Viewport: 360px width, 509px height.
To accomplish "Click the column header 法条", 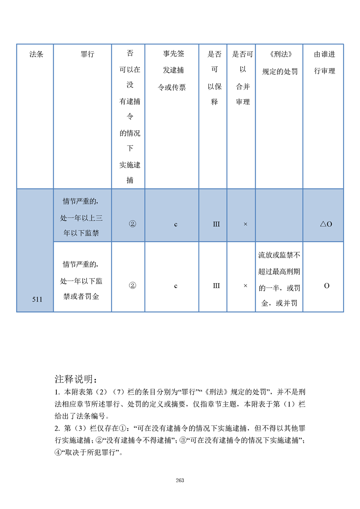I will [x=36, y=54].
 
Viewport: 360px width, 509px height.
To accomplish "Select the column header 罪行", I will [x=87, y=54].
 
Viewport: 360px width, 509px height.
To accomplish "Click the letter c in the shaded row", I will [x=176, y=224].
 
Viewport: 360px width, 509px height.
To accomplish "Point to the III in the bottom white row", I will [x=216, y=286].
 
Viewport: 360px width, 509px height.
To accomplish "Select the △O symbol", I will [x=325, y=224].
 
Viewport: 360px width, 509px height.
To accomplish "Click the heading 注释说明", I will [x=75, y=379].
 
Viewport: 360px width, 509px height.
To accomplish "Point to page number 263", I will [x=180, y=480].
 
